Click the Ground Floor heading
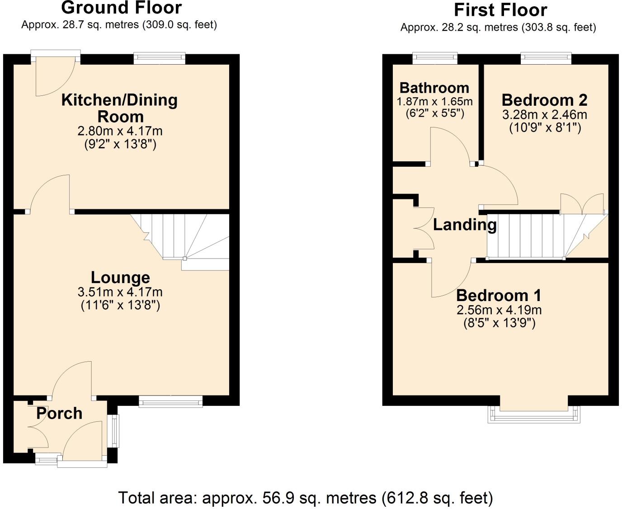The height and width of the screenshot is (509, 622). [121, 8]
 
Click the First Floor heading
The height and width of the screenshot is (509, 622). [500, 10]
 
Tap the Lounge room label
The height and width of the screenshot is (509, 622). [120, 277]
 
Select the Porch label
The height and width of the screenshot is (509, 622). [59, 413]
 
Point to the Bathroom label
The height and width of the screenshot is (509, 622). [434, 88]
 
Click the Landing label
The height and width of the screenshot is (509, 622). [465, 225]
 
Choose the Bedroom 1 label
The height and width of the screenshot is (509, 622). [499, 296]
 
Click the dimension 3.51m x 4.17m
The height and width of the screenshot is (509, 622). [120, 292]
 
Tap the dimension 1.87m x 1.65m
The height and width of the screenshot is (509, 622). [434, 101]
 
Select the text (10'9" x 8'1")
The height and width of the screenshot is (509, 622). [545, 128]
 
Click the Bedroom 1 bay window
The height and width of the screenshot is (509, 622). [533, 414]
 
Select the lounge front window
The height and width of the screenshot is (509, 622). [170, 401]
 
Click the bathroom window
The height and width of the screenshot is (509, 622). [435, 58]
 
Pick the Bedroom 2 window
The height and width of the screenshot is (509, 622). [546, 58]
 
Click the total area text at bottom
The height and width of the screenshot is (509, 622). [306, 498]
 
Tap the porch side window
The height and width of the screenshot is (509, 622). [114, 431]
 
